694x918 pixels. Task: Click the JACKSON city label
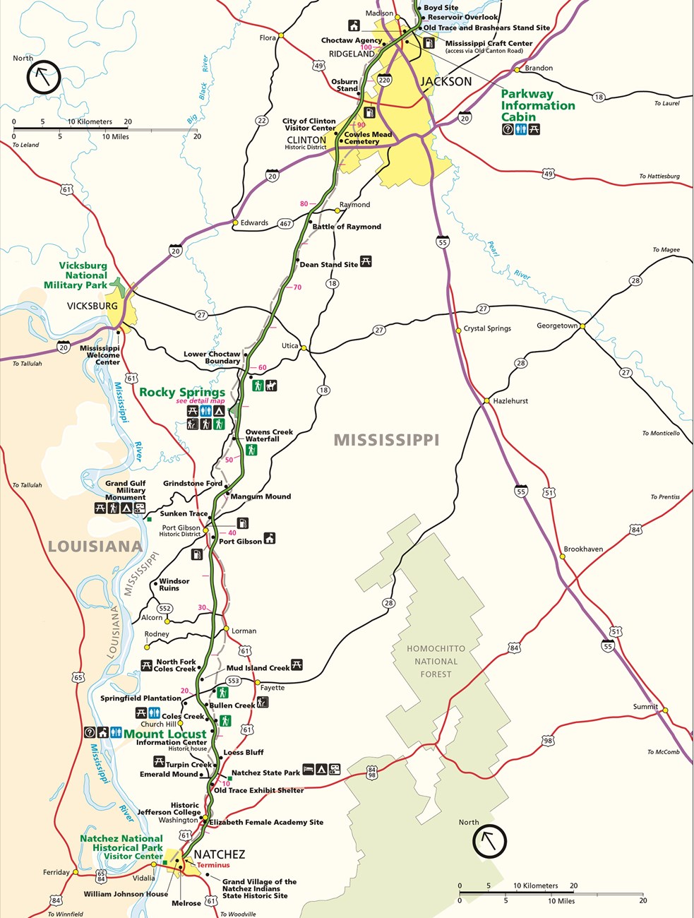pos(445,81)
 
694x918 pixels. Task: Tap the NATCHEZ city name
pos(219,854)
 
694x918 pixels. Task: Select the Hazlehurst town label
pos(510,400)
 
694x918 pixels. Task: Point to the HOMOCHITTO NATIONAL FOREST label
pos(436,661)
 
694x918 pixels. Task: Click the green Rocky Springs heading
pos(182,392)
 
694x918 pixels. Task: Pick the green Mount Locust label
pos(165,734)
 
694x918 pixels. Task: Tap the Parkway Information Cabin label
pos(537,105)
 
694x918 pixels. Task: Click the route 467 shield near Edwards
pos(285,223)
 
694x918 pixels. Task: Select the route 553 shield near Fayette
pos(233,681)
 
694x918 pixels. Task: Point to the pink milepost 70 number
pos(297,287)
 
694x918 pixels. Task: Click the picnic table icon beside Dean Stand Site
pos(366,261)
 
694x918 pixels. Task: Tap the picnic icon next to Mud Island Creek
pos(297,664)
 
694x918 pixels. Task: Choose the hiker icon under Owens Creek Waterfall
pos(251,450)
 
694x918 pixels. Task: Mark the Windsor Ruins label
pos(174,585)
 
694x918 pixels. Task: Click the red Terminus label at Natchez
pos(213,865)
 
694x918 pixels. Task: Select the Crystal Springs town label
pos(487,328)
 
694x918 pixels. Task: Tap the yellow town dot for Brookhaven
pos(563,556)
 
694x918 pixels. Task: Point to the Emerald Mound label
pos(169,774)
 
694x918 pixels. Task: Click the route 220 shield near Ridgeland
pos(384,80)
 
